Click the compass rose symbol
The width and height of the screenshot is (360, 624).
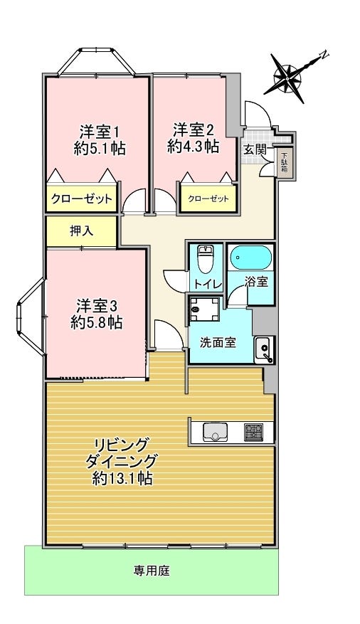point(287,79)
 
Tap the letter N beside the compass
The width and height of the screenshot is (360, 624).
point(324,55)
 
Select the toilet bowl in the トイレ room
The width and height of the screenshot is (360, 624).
point(205,259)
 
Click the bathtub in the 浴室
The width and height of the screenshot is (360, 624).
point(251,258)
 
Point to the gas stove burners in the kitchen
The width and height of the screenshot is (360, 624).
point(253,431)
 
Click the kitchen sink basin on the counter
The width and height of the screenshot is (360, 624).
point(215,432)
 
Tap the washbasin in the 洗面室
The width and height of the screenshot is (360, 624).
point(263,349)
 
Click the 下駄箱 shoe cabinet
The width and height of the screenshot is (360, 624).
point(285,163)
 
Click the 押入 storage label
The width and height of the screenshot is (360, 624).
point(82,231)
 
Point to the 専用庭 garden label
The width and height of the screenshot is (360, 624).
point(152,571)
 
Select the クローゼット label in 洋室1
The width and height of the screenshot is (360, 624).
point(82,199)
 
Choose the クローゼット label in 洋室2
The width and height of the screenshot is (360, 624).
point(208,199)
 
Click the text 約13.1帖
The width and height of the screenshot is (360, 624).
point(122,478)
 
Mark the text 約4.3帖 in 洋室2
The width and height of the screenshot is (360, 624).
point(193,147)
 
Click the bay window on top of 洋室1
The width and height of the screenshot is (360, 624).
point(96,62)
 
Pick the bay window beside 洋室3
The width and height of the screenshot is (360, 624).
point(31,316)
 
